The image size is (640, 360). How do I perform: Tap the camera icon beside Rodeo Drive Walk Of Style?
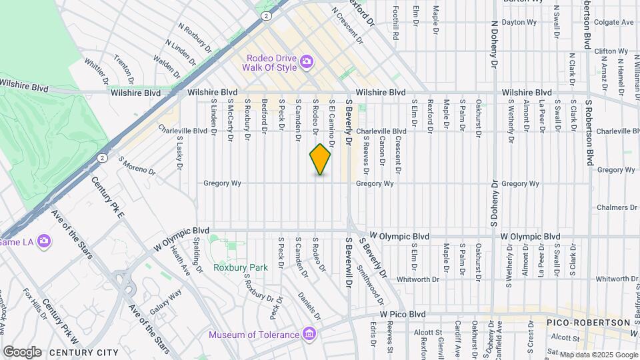[x=307, y=62]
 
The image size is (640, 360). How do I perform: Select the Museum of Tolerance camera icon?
[x=309, y=333]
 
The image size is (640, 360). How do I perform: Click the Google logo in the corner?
[x=21, y=351]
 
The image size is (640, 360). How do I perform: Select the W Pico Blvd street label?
[x=402, y=313]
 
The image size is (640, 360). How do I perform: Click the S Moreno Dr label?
[x=137, y=166]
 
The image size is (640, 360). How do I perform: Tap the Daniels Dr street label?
[x=310, y=305]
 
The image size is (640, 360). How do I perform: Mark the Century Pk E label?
[x=107, y=198]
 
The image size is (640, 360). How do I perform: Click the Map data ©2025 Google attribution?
[x=598, y=355]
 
